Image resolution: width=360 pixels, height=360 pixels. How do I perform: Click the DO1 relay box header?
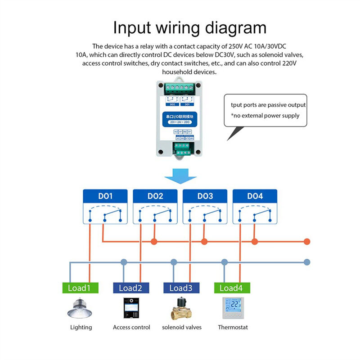click(x=105, y=197)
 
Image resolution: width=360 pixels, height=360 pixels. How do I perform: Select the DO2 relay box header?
click(x=155, y=197)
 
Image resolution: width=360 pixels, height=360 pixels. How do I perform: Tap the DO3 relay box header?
click(x=205, y=197)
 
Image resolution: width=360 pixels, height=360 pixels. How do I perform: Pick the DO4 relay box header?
click(x=255, y=197)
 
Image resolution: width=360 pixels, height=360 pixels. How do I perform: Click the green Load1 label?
click(x=79, y=288)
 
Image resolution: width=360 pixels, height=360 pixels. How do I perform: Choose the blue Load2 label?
click(x=130, y=288)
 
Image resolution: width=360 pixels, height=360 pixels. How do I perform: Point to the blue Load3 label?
click(x=181, y=288)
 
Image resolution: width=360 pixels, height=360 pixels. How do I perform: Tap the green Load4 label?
click(x=232, y=288)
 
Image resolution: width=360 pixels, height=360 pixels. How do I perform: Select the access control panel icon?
click(x=131, y=308)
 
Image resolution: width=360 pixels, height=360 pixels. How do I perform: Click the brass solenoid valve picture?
click(x=181, y=309)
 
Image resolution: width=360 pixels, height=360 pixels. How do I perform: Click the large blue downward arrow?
click(x=180, y=176)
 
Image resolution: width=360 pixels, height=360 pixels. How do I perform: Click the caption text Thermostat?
click(x=233, y=327)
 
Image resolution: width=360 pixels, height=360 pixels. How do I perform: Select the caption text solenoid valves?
click(x=182, y=327)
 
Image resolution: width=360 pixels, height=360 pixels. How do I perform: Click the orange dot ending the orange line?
click(x=307, y=242)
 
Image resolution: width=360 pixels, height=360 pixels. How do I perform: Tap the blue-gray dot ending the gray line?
click(x=307, y=261)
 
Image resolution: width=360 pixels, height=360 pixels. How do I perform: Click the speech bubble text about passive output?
click(x=268, y=105)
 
